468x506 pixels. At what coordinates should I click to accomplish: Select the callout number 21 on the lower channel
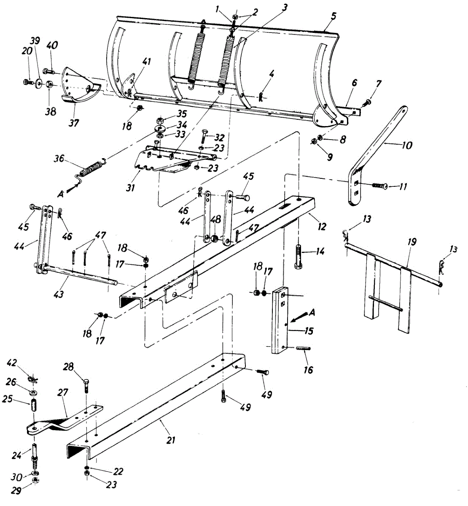coord(170,440)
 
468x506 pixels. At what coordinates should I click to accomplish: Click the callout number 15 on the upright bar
coord(309,331)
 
